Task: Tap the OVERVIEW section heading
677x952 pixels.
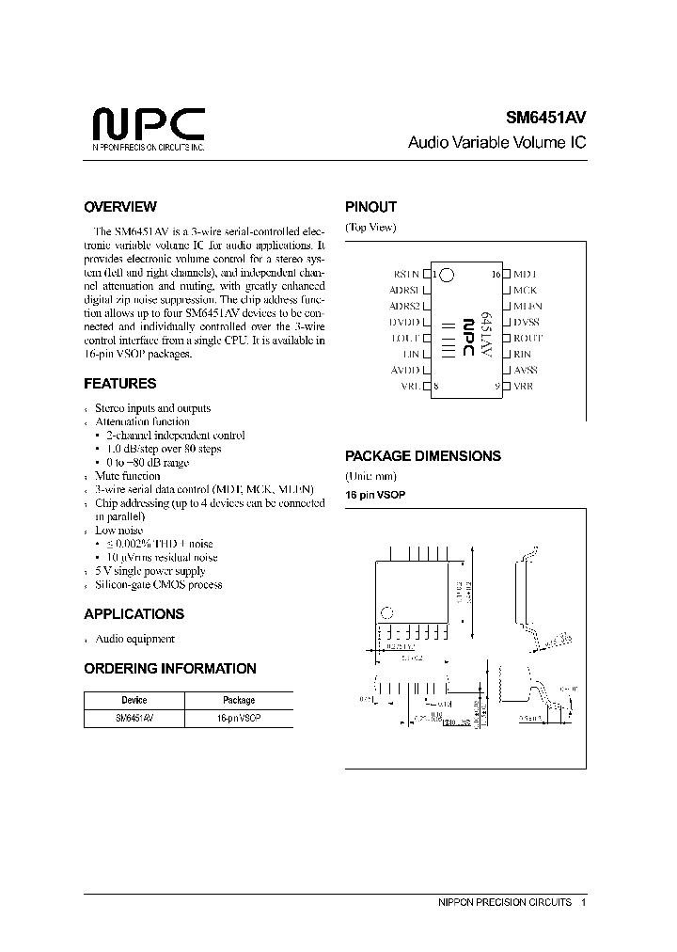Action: pos(120,207)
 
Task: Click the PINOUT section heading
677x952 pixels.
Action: pos(371,207)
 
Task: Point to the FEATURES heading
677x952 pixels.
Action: pos(120,384)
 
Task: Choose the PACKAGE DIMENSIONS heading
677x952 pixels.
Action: pos(423,456)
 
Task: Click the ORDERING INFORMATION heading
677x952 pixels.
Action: pos(170,669)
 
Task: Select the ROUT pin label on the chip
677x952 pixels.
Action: pos(528,338)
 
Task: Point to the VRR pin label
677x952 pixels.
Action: pos(524,386)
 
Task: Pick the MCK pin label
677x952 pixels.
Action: pos(525,290)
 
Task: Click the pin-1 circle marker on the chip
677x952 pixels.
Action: pos(448,275)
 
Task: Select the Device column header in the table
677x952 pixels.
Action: pos(134,700)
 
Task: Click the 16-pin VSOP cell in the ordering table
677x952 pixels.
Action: pos(238,718)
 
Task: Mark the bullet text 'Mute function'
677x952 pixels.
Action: pos(128,476)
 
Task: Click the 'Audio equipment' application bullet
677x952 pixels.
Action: pos(135,639)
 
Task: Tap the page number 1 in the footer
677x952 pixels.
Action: pos(584,902)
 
